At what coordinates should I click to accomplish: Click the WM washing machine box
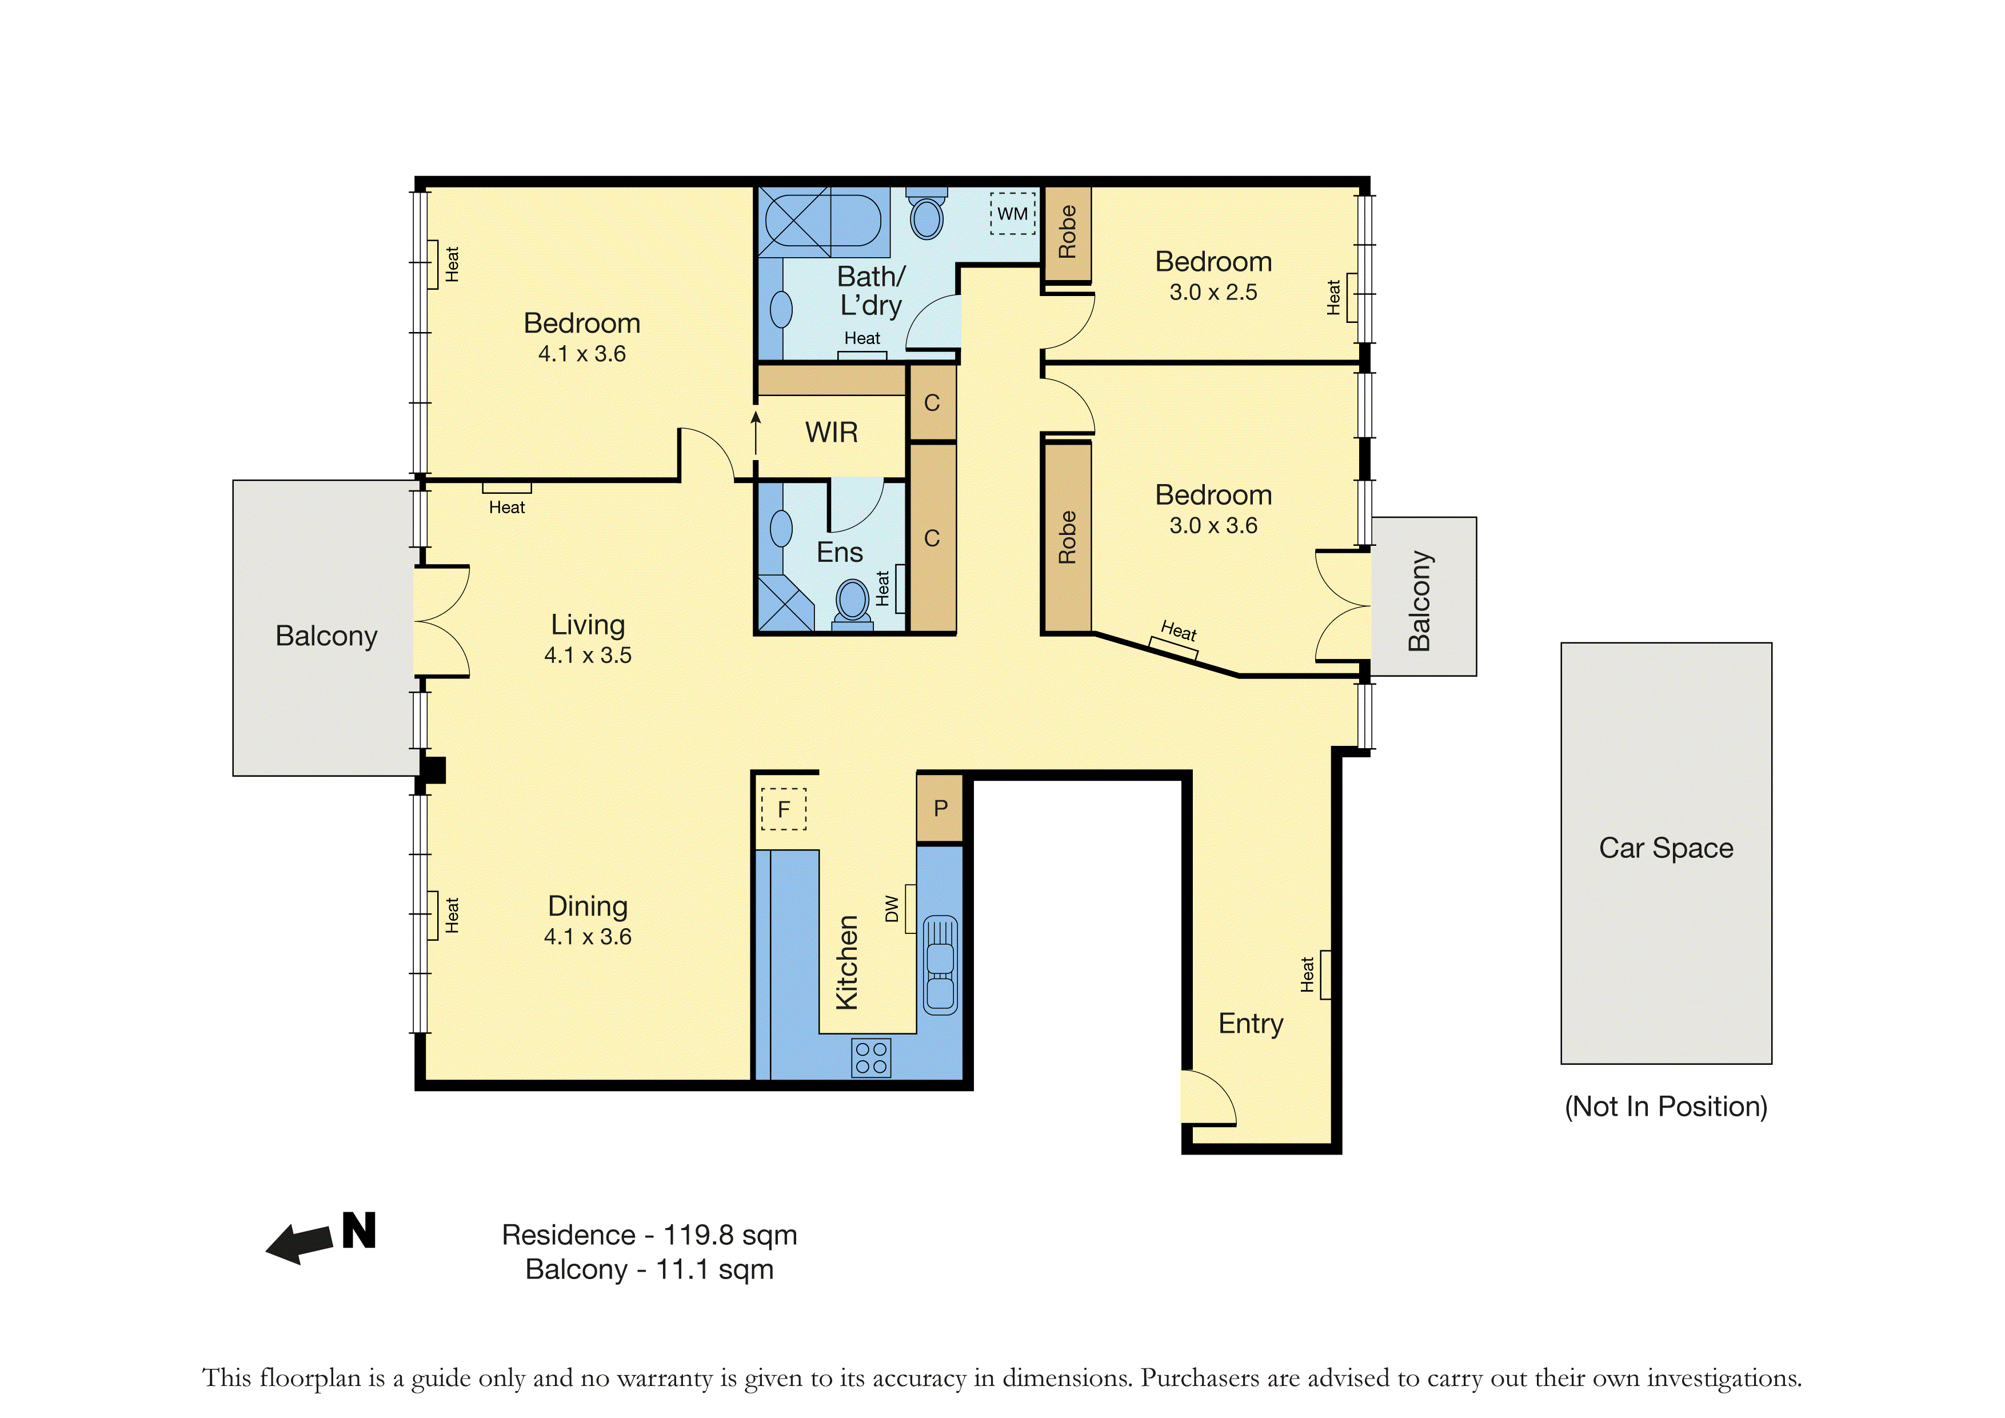point(1012,214)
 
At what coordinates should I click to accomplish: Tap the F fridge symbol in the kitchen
point(784,809)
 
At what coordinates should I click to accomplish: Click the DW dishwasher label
point(892,908)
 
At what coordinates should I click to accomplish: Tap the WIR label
point(832,432)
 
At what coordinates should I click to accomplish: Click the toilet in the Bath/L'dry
point(926,213)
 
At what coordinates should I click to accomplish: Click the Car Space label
point(1666,848)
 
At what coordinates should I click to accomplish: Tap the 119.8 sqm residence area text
point(730,1236)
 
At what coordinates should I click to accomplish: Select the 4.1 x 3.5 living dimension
point(588,655)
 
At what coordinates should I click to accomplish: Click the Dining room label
point(588,906)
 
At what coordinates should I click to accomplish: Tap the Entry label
point(1251,1023)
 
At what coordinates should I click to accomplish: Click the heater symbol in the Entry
point(1325,974)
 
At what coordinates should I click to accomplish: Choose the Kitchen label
point(847,962)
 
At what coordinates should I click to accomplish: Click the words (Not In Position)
point(1666,1107)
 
